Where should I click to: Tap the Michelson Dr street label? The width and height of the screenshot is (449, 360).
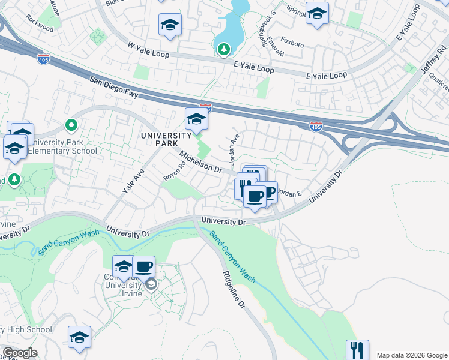point(200,162)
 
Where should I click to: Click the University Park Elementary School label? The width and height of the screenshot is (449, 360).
point(63,147)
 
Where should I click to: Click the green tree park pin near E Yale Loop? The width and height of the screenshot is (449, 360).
point(224,49)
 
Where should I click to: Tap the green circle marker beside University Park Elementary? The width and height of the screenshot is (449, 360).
point(71,125)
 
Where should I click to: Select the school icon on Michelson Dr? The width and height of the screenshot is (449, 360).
point(196,119)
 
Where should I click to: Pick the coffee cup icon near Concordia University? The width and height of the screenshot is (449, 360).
point(143,266)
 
